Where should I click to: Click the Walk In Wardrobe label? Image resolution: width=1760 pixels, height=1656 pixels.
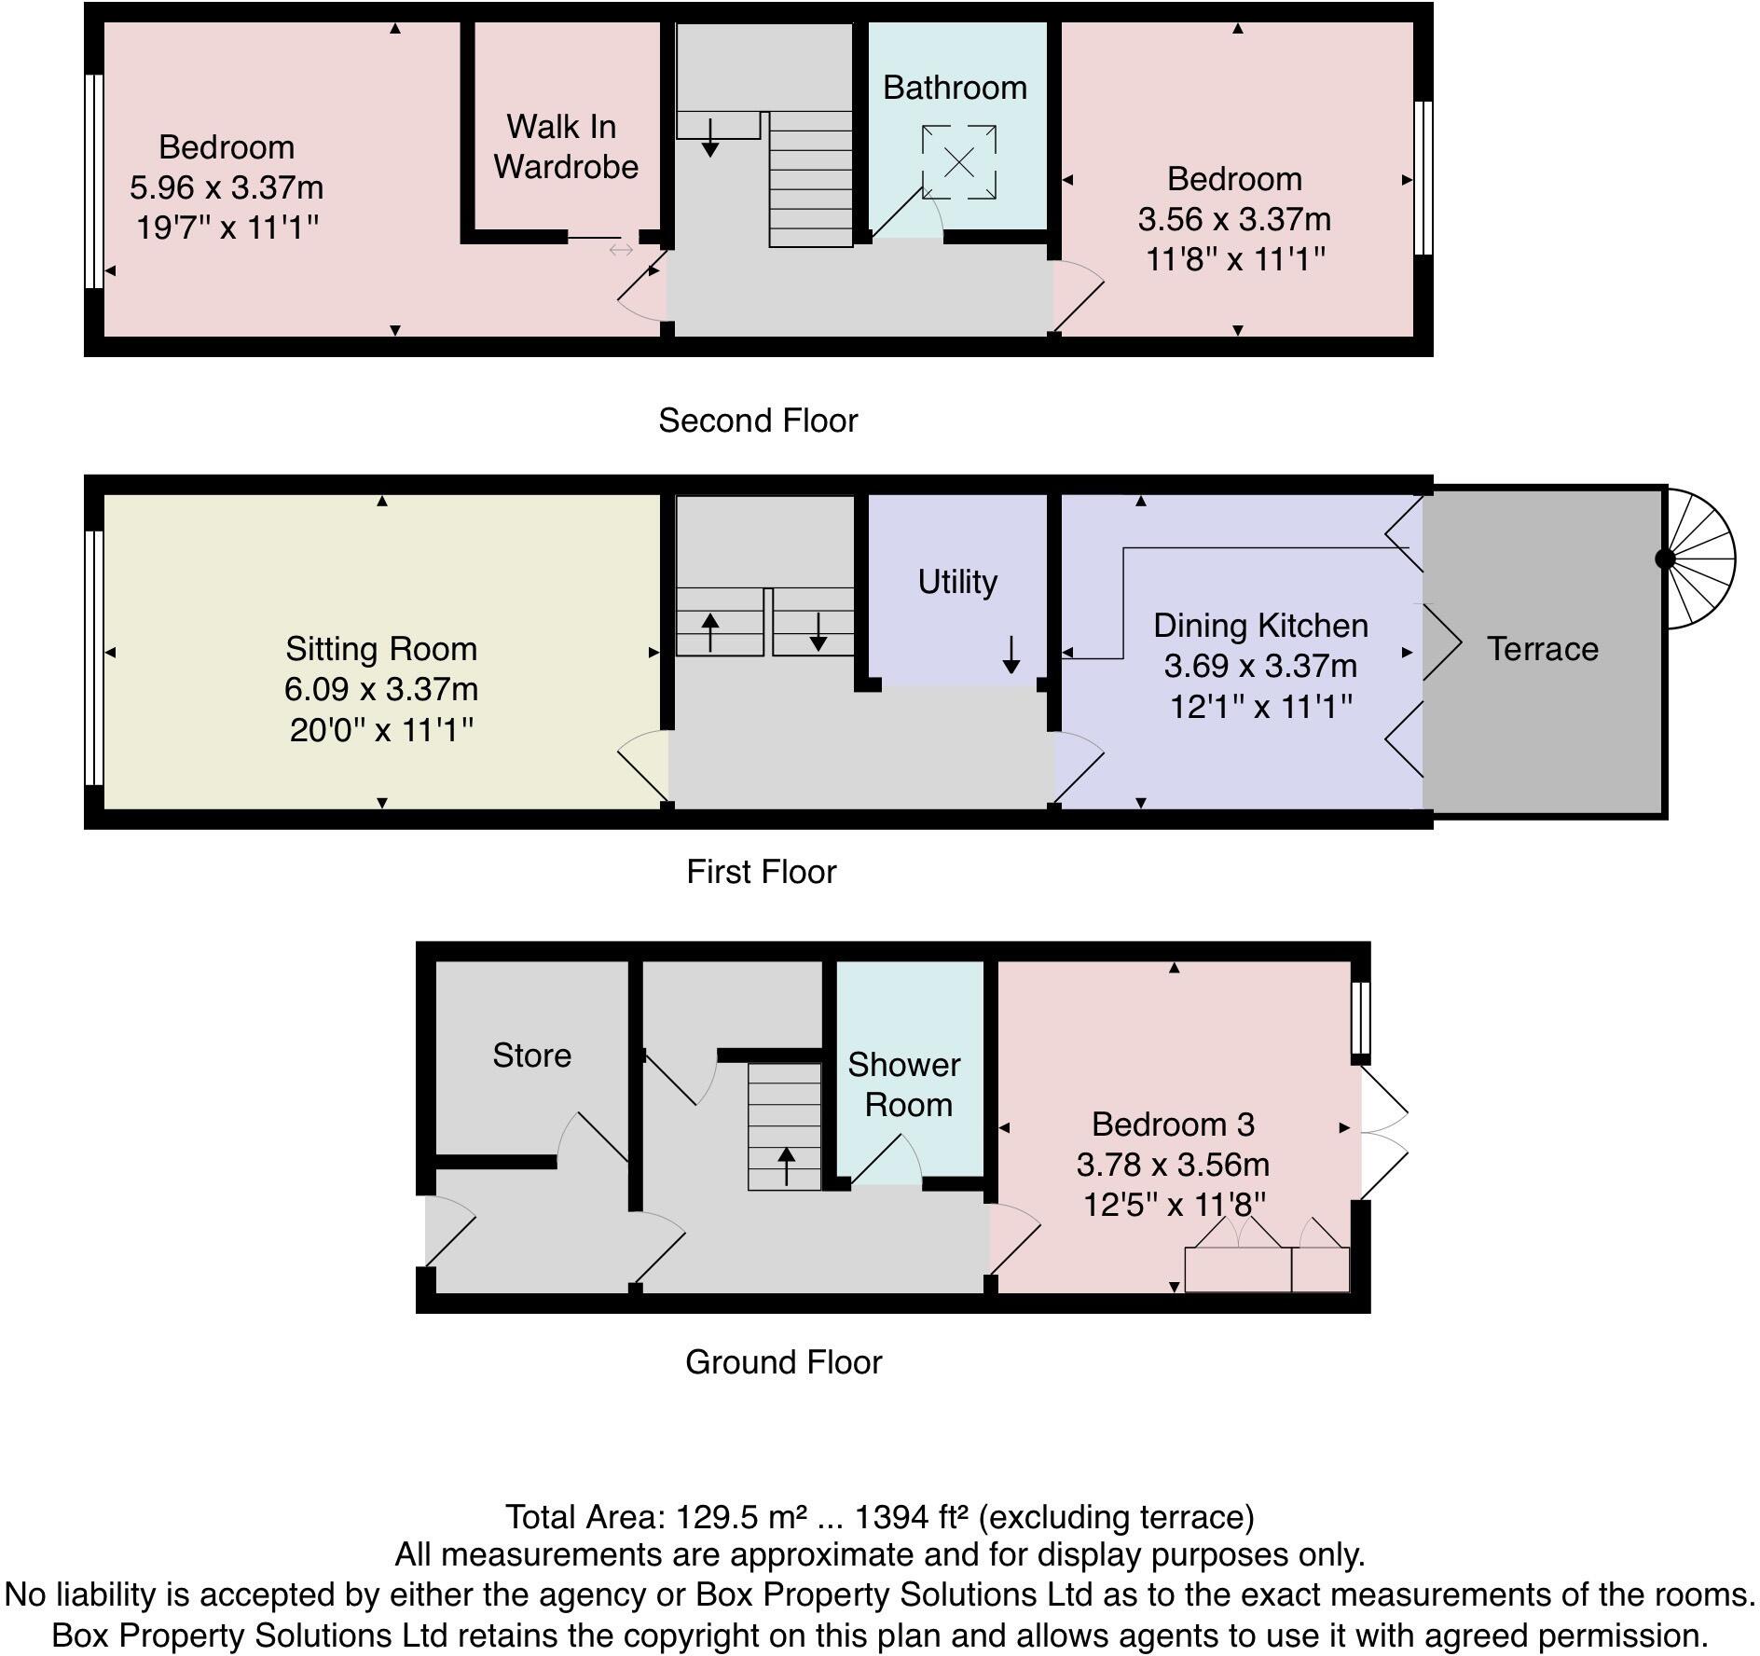[x=565, y=146]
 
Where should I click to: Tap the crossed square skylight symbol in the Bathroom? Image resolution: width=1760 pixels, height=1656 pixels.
[x=959, y=163]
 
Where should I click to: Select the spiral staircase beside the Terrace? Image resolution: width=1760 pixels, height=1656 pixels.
[x=1698, y=559]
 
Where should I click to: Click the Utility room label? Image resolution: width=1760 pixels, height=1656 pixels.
[x=957, y=582]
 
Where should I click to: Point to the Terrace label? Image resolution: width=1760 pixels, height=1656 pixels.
[x=1542, y=649]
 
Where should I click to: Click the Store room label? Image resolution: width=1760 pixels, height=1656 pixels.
[x=531, y=1056]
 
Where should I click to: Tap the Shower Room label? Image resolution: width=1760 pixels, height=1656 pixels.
[x=903, y=1084]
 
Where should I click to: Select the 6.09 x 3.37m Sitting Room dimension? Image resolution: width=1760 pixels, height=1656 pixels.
[x=381, y=689]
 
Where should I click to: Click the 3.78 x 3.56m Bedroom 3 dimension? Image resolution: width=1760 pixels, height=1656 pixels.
[x=1173, y=1165]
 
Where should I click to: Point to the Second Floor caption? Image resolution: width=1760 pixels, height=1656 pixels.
[x=757, y=421]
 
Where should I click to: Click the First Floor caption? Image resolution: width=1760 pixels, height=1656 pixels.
[x=762, y=872]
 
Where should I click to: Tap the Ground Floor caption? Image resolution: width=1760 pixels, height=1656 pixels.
[x=783, y=1362]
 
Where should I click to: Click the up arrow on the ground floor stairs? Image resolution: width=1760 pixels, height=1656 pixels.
[x=786, y=1166]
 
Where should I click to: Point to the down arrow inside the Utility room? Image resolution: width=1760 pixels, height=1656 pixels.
[x=1011, y=655]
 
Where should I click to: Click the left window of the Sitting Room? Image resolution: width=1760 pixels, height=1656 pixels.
[x=92, y=657]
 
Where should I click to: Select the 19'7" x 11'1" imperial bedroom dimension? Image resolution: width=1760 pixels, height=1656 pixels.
[x=227, y=228]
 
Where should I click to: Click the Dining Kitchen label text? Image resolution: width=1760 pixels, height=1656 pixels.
[x=1260, y=626]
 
